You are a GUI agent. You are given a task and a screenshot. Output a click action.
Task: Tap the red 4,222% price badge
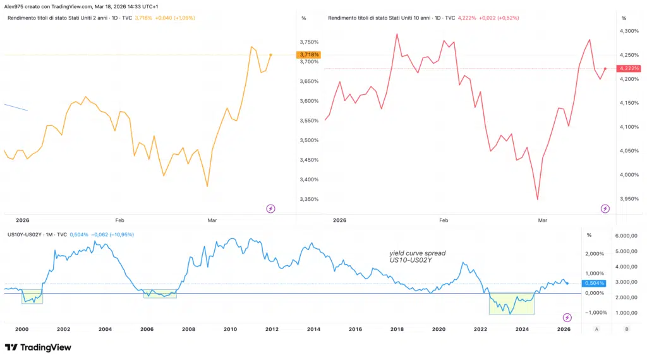point(629,68)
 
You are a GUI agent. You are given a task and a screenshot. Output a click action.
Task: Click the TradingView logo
point(38,347)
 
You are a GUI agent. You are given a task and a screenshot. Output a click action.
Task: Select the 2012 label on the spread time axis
point(272,329)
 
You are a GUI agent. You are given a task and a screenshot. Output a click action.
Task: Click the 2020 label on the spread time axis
point(438,329)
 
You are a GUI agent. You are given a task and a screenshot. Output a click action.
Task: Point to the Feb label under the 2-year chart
point(120,220)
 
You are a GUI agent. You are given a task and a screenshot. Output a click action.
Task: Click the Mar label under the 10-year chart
point(541,220)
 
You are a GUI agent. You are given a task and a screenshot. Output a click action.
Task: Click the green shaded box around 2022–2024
point(511,304)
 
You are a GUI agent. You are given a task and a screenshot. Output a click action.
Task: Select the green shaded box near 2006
point(160,293)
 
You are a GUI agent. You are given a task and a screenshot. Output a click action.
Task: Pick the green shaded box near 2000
point(32,296)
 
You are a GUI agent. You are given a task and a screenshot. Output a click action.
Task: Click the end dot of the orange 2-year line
point(270,55)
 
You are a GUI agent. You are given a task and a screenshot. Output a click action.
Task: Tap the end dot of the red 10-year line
point(605,68)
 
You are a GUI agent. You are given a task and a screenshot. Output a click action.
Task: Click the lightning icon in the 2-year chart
point(270,208)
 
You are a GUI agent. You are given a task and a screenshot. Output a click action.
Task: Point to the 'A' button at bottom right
point(596,329)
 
